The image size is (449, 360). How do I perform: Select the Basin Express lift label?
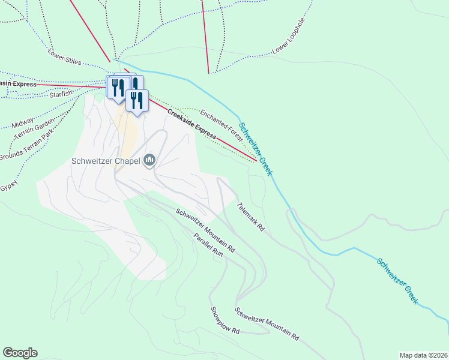(18, 84)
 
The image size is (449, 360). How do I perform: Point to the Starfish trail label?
(61, 94)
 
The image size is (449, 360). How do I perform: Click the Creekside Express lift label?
(191, 125)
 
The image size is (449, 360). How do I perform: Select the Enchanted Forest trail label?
(221, 125)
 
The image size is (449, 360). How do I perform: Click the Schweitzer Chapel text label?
(106, 161)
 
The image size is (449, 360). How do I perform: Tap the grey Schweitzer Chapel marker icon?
(149, 160)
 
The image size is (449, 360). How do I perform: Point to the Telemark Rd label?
(251, 217)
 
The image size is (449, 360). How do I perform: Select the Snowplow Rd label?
(225, 320)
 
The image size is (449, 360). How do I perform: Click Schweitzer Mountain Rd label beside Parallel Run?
(205, 229)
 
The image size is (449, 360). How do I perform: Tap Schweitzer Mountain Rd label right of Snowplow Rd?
(267, 324)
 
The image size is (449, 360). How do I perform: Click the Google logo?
(20, 353)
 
